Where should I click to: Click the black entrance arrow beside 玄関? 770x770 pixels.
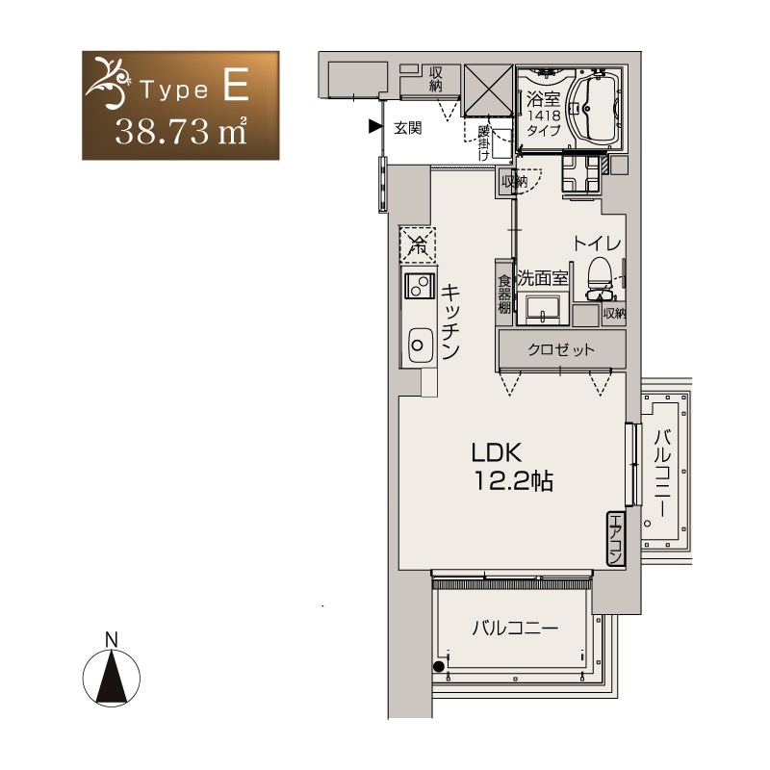(375, 127)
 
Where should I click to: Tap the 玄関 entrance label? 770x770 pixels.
(407, 128)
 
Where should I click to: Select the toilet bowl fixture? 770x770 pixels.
(600, 278)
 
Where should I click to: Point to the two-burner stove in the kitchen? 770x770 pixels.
(419, 286)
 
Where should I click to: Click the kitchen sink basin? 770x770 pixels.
(420, 346)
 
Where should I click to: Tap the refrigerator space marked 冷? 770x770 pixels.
(418, 244)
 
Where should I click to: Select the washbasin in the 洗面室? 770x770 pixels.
(542, 309)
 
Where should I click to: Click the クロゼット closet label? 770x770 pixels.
(561, 350)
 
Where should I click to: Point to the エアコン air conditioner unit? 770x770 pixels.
(615, 539)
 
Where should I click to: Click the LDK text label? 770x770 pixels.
(496, 452)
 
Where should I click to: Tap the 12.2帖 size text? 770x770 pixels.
(514, 481)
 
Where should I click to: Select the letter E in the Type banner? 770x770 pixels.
(236, 85)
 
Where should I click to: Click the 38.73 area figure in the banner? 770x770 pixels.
(162, 132)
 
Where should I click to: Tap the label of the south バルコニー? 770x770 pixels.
(515, 629)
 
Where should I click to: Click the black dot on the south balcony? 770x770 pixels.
(439, 666)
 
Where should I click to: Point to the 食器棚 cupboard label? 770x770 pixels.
(504, 295)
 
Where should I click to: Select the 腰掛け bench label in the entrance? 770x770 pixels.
(484, 143)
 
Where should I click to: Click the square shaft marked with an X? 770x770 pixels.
(489, 90)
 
